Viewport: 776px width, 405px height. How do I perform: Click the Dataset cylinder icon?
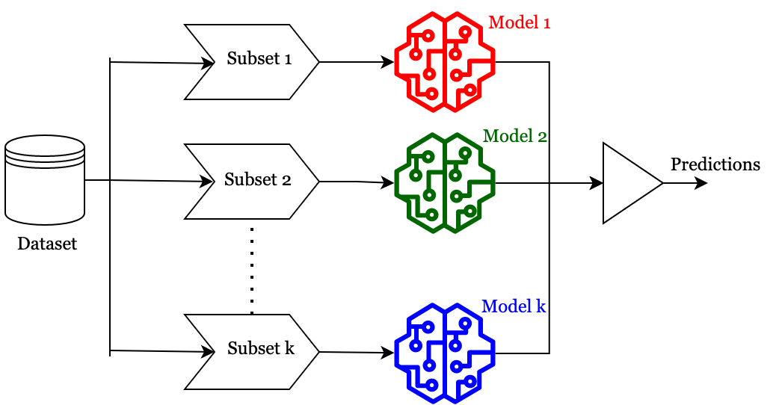[45, 180]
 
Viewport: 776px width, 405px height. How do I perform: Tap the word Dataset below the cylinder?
[47, 244]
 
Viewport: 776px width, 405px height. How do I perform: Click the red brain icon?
[445, 63]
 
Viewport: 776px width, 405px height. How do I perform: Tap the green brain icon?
[445, 182]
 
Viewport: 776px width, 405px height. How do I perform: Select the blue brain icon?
[445, 353]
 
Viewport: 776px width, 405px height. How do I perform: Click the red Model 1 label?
[520, 23]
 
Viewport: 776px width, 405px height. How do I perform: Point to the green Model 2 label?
[516, 137]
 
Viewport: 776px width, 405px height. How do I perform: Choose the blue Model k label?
[514, 306]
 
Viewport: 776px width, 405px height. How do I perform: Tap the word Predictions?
[715, 164]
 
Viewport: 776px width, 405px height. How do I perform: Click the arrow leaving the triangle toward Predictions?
[684, 183]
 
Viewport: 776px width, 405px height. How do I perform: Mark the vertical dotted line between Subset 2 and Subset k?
[252, 269]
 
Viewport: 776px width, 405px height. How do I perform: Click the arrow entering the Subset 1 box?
[161, 63]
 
